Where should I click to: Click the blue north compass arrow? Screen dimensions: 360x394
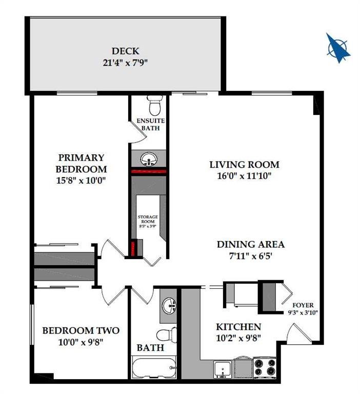click(338, 48)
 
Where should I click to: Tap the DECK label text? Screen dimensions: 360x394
click(125, 51)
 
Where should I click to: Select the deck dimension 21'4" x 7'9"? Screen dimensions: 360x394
click(125, 63)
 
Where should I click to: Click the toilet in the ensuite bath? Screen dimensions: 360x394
click(155, 105)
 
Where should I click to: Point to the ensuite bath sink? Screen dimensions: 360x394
click(149, 159)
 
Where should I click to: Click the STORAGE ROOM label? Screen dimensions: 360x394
click(148, 219)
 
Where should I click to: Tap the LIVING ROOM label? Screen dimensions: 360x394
click(245, 165)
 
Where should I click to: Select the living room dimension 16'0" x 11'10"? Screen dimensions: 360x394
click(244, 176)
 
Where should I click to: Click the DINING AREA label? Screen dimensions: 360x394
click(251, 244)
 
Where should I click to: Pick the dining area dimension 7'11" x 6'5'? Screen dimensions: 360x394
click(251, 257)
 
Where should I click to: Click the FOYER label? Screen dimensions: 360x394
click(303, 305)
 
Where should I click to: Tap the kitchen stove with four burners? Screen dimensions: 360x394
click(265, 367)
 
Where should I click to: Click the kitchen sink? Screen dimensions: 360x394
click(223, 369)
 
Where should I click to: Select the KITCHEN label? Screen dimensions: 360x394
click(238, 327)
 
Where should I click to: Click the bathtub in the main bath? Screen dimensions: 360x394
click(154, 367)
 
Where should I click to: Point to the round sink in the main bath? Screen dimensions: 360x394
click(169, 306)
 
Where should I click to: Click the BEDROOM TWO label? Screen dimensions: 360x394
click(81, 330)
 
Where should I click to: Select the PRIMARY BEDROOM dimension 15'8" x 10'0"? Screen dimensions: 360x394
click(81, 181)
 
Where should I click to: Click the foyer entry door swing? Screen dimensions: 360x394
click(299, 333)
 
